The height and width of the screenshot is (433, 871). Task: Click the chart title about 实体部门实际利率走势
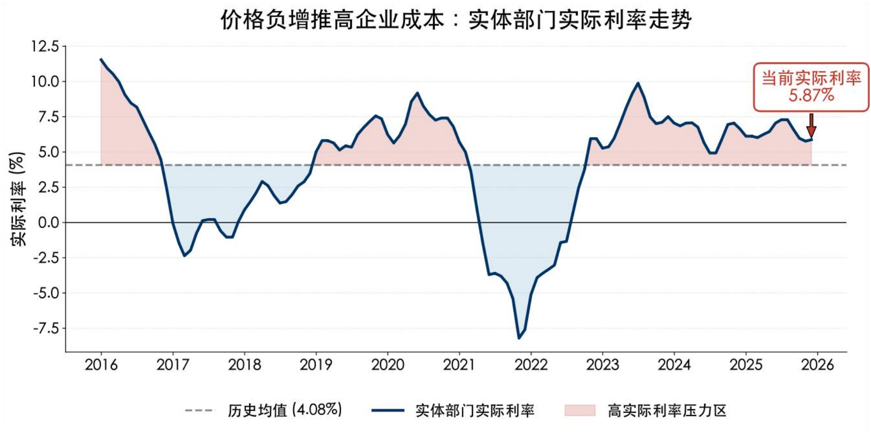pos(456,20)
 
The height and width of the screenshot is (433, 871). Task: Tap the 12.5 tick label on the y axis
pos(45,46)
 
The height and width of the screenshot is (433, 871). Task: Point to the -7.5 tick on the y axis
pos(46,328)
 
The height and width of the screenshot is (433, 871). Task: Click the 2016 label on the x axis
pos(101,365)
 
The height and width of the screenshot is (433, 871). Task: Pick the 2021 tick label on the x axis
pos(459,365)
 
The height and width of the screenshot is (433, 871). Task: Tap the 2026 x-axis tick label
pos(817,365)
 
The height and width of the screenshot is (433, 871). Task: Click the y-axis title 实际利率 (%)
pos(18,199)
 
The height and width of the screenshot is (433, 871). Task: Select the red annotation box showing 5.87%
pos(811,87)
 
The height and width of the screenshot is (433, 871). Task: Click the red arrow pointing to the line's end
pos(811,126)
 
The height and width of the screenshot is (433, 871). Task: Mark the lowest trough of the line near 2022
pos(519,338)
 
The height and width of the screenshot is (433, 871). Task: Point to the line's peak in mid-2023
pos(638,83)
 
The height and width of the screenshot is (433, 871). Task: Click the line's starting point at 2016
pos(101,59)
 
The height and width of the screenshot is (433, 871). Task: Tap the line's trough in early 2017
pos(184,256)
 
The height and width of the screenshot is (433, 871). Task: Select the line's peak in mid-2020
pos(417,93)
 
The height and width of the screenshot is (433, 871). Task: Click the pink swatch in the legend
pos(580,410)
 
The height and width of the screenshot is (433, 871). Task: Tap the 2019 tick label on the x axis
pos(316,365)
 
